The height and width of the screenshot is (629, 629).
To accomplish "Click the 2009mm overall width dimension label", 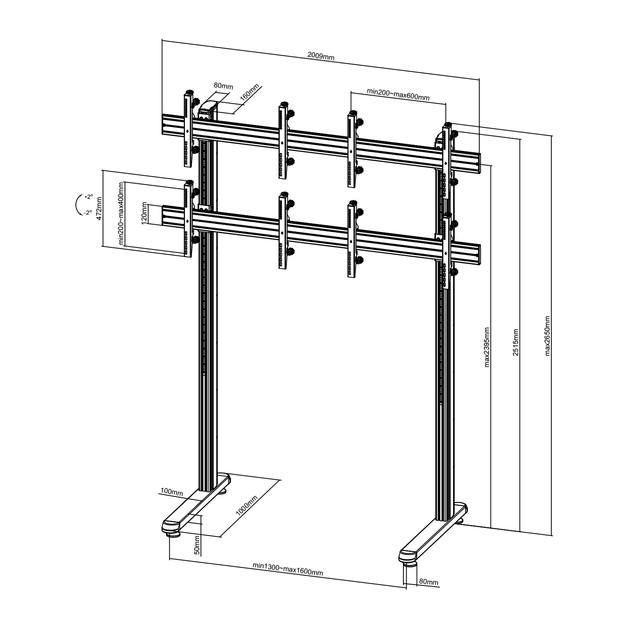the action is coord(321,56).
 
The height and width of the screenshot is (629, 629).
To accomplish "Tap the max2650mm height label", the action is coord(548,335).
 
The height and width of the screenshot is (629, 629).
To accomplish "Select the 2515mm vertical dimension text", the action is coord(516,342).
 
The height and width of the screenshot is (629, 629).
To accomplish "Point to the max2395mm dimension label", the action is coord(487,347).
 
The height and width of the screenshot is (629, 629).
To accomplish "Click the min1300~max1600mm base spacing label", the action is coord(288,569).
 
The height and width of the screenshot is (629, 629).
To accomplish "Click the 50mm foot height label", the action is coord(198,545).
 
